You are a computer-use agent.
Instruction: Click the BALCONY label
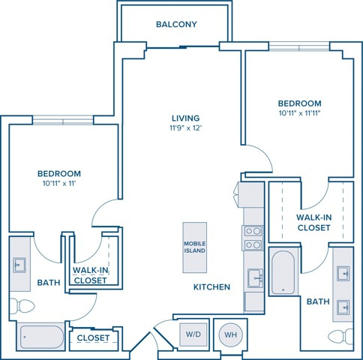[x=176, y=24]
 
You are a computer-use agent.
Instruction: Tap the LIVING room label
[x=186, y=118]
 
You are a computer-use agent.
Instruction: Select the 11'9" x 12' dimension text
[x=186, y=128]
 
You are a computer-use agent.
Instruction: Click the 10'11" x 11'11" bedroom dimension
[x=300, y=113]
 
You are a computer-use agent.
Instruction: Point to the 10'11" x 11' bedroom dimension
[x=59, y=184]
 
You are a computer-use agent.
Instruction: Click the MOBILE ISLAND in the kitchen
[x=195, y=247]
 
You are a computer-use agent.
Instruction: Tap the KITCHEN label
[x=211, y=287]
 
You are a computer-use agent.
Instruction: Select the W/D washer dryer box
[x=193, y=334]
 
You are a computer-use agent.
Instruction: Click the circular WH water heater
[x=230, y=334]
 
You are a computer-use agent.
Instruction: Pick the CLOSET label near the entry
[x=93, y=338]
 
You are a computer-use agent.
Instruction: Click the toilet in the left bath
[x=22, y=306]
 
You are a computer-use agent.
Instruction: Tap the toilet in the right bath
[x=340, y=337]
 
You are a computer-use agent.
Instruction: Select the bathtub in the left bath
[x=41, y=337]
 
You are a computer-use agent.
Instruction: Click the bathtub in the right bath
[x=283, y=272]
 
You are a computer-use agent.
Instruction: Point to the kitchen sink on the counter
[x=255, y=278]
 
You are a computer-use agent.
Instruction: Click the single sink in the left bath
[x=19, y=265]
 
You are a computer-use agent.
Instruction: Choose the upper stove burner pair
[x=252, y=231]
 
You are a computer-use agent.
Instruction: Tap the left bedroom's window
[x=63, y=121]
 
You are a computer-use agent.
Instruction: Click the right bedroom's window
[x=299, y=46]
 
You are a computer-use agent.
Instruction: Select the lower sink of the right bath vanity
[x=343, y=307]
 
